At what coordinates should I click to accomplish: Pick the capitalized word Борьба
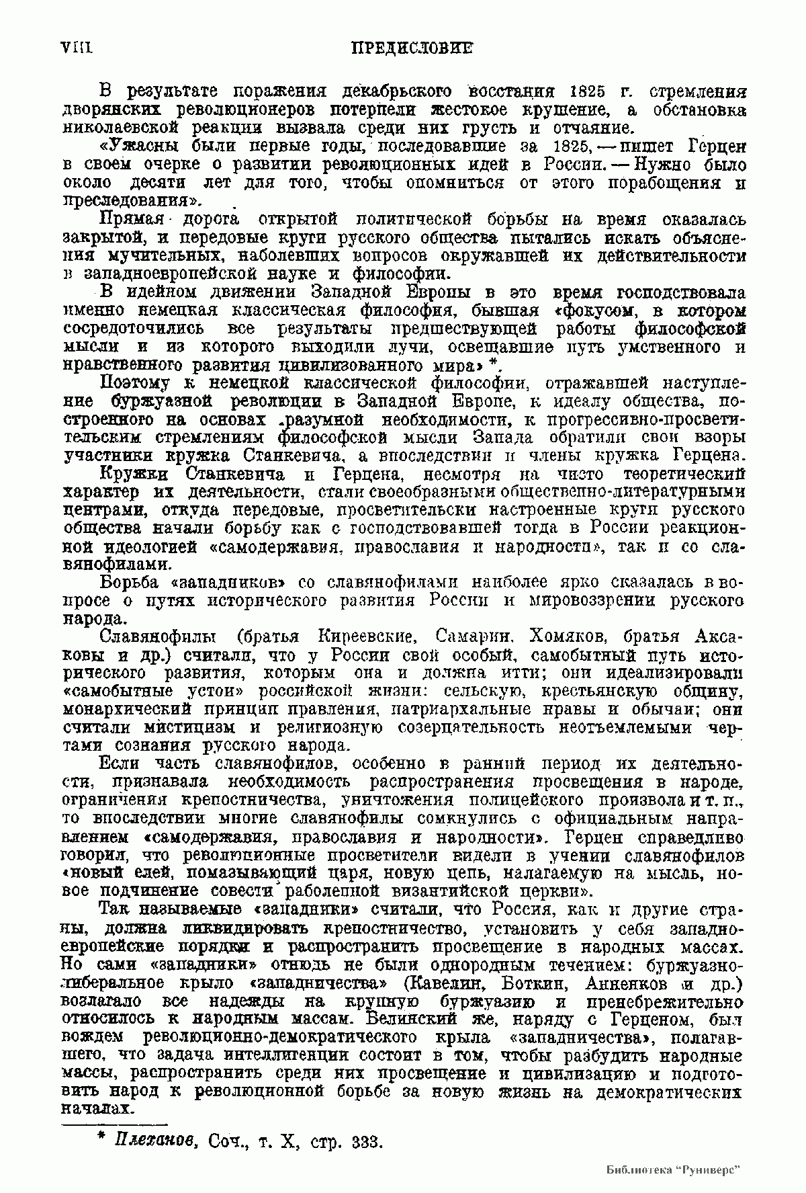click(130, 581)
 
